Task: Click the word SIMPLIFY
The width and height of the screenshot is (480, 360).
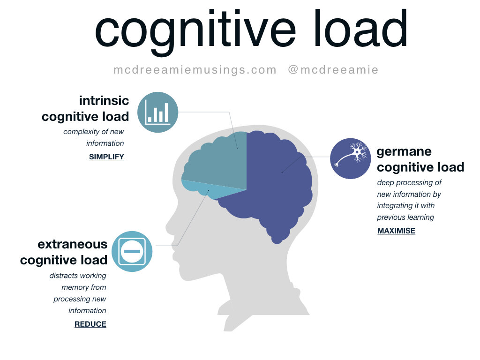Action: pos(106,157)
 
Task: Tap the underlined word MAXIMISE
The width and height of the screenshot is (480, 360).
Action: pos(396,231)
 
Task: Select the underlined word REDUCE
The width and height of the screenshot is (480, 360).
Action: pos(90,324)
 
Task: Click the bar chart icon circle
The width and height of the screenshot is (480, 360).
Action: pos(157,112)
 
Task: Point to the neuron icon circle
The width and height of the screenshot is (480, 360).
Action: pos(351,158)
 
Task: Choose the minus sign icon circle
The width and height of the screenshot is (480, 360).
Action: pos(132,251)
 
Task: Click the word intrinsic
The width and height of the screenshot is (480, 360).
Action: pos(104,101)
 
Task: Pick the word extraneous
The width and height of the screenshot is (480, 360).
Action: pos(73,244)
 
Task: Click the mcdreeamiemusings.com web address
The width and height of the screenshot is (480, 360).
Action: pos(195,70)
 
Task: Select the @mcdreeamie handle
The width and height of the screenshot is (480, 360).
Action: pos(333,70)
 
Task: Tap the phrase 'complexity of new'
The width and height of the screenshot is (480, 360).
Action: pos(93,132)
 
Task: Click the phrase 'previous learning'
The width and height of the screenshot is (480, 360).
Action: pos(405,217)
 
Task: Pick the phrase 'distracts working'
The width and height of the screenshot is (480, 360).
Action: pos(78,276)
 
